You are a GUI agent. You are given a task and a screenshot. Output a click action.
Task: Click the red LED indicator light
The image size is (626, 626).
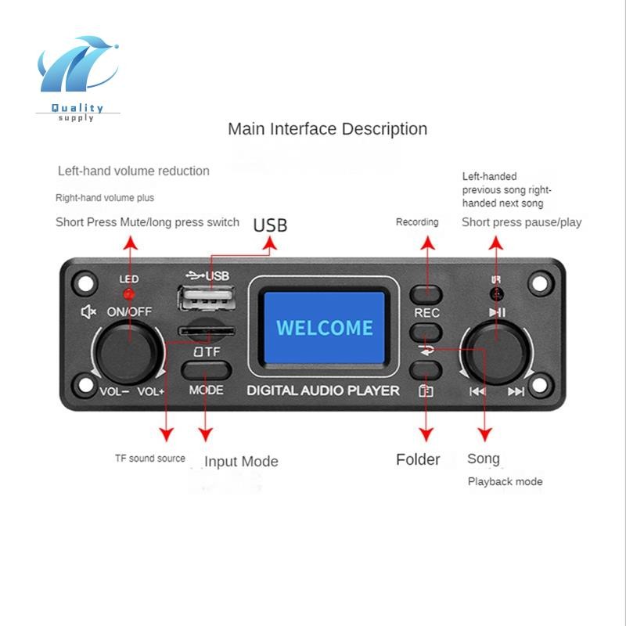click(x=129, y=295)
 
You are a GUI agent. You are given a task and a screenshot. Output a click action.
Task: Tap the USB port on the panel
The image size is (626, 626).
click(x=206, y=298)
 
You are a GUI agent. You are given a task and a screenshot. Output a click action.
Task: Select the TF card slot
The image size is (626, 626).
click(x=207, y=331)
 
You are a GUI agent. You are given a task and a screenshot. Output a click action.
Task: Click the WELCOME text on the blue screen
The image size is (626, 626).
click(x=325, y=328)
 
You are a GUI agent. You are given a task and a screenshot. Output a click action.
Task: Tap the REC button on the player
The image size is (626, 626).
click(x=426, y=295)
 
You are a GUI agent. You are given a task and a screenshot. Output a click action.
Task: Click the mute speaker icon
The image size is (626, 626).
click(x=88, y=311)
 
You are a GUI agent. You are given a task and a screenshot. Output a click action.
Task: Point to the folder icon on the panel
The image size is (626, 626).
click(x=426, y=390)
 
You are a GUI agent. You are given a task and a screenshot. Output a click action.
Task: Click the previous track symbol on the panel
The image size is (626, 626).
click(x=477, y=391)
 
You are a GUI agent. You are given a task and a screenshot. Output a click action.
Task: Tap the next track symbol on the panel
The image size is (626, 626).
click(x=516, y=391)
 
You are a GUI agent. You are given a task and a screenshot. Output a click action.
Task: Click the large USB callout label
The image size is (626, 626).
click(x=270, y=225)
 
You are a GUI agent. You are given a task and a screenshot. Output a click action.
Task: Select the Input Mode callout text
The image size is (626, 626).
click(x=241, y=462)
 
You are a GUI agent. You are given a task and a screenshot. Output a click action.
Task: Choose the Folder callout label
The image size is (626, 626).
click(x=418, y=459)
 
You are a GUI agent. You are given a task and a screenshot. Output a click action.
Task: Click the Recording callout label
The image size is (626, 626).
click(x=417, y=222)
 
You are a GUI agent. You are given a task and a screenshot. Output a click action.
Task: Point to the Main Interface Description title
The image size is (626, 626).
click(x=327, y=129)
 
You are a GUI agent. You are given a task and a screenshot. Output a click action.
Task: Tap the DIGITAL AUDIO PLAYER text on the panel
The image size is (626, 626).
click(x=323, y=390)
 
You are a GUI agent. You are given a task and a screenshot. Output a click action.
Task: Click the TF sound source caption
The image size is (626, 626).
click(x=150, y=459)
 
